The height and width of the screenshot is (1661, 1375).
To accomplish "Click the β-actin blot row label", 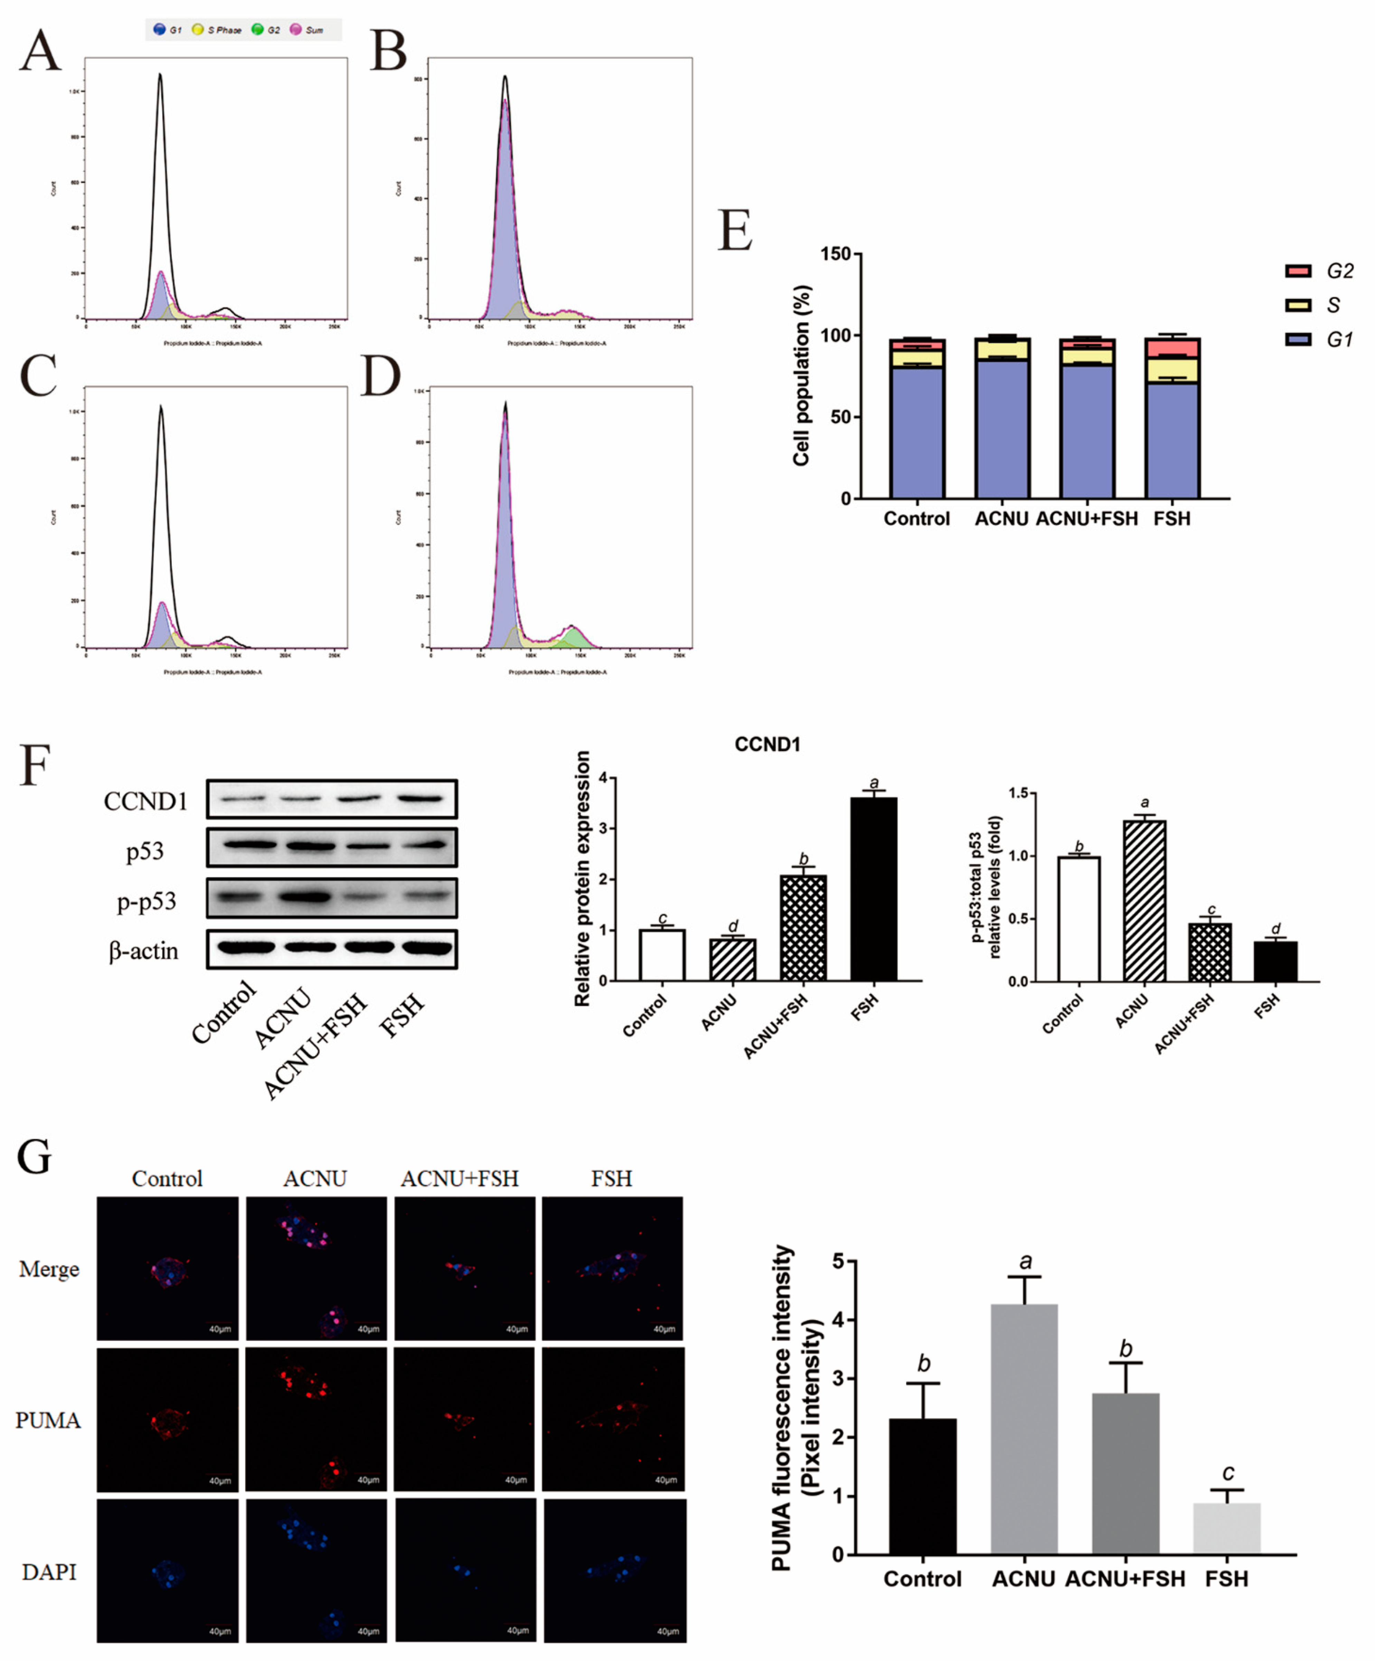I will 143,951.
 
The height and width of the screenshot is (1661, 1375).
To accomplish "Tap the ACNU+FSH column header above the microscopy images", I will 460,1178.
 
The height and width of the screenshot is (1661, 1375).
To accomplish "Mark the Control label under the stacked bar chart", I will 916,519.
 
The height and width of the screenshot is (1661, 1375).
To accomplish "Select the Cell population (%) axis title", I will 801,376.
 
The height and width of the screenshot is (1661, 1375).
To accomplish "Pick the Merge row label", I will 49,1270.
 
